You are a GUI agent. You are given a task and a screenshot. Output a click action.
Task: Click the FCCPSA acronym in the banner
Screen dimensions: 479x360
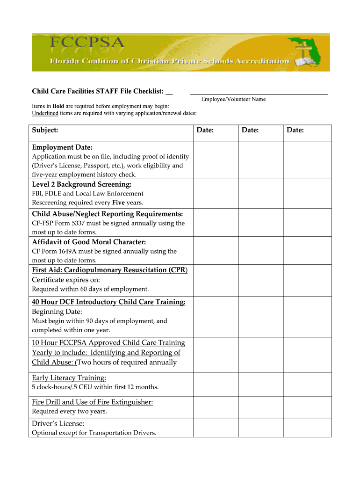click(x=87, y=45)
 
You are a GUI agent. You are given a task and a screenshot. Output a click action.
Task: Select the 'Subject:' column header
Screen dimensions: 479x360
click(x=45, y=130)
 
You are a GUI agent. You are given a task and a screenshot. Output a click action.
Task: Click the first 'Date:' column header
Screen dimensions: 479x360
click(x=205, y=130)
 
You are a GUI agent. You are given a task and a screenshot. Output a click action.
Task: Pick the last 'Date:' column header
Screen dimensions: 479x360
click(x=295, y=130)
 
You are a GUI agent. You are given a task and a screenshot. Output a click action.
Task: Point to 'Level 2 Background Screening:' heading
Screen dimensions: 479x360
click(x=82, y=184)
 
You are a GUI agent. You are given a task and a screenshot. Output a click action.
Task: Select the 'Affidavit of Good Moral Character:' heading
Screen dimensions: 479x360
click(x=89, y=242)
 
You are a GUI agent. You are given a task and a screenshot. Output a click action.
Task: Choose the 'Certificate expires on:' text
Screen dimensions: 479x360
click(x=66, y=280)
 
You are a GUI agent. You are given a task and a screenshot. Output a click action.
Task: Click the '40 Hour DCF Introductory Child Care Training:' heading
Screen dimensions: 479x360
click(x=108, y=302)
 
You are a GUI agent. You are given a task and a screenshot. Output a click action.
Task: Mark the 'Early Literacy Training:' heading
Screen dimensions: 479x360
click(x=69, y=377)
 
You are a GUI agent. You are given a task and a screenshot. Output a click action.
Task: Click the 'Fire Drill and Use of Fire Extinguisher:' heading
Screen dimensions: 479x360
click(x=92, y=402)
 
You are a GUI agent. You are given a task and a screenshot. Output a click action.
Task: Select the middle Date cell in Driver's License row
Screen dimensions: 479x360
click(x=261, y=428)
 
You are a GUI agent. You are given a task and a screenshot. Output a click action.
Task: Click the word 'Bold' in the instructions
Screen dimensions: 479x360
click(x=58, y=106)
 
